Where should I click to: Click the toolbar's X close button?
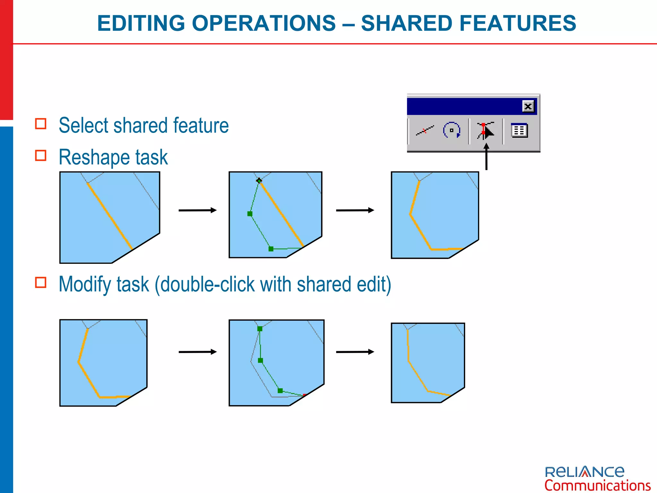(x=528, y=106)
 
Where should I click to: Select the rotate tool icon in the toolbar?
(x=452, y=130)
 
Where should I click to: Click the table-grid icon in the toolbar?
(x=519, y=130)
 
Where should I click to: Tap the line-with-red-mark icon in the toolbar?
(x=425, y=130)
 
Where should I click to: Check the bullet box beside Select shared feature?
(x=41, y=124)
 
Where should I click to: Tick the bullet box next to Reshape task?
(x=41, y=155)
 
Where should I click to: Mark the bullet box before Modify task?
(x=41, y=282)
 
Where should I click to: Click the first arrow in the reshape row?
(x=197, y=210)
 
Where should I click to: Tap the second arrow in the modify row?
(x=355, y=352)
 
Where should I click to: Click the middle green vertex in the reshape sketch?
(x=250, y=214)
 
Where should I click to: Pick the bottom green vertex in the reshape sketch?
(x=271, y=249)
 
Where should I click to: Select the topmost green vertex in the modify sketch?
(x=260, y=329)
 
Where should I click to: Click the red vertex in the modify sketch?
(x=304, y=395)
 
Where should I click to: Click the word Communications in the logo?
(x=597, y=485)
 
